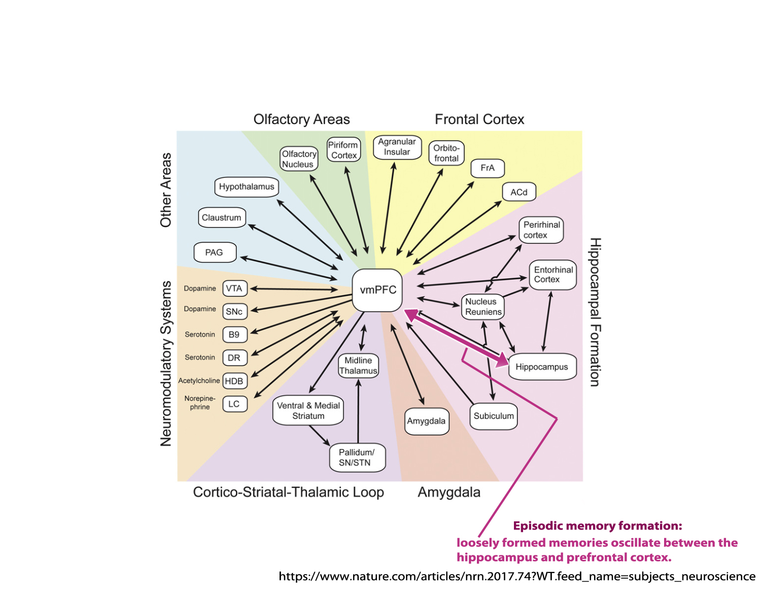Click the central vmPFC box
tap(377, 290)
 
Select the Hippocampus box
tap(542, 367)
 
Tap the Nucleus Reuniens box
tap(483, 307)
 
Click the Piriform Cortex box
tap(344, 150)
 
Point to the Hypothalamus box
tap(247, 186)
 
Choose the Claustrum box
tap(222, 217)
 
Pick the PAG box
tap(215, 252)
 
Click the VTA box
tap(234, 288)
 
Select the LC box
tap(234, 404)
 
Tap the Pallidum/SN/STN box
tap(356, 458)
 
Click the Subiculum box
tap(494, 416)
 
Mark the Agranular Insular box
tap(397, 147)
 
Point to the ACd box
tap(518, 192)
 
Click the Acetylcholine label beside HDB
tap(199, 381)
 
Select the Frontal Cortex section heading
tap(479, 119)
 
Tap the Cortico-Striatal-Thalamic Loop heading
tap(288, 492)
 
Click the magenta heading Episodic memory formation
tap(597, 525)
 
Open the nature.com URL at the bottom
tap(516, 576)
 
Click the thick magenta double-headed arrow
tap(457, 337)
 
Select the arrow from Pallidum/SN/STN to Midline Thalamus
tap(359, 410)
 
